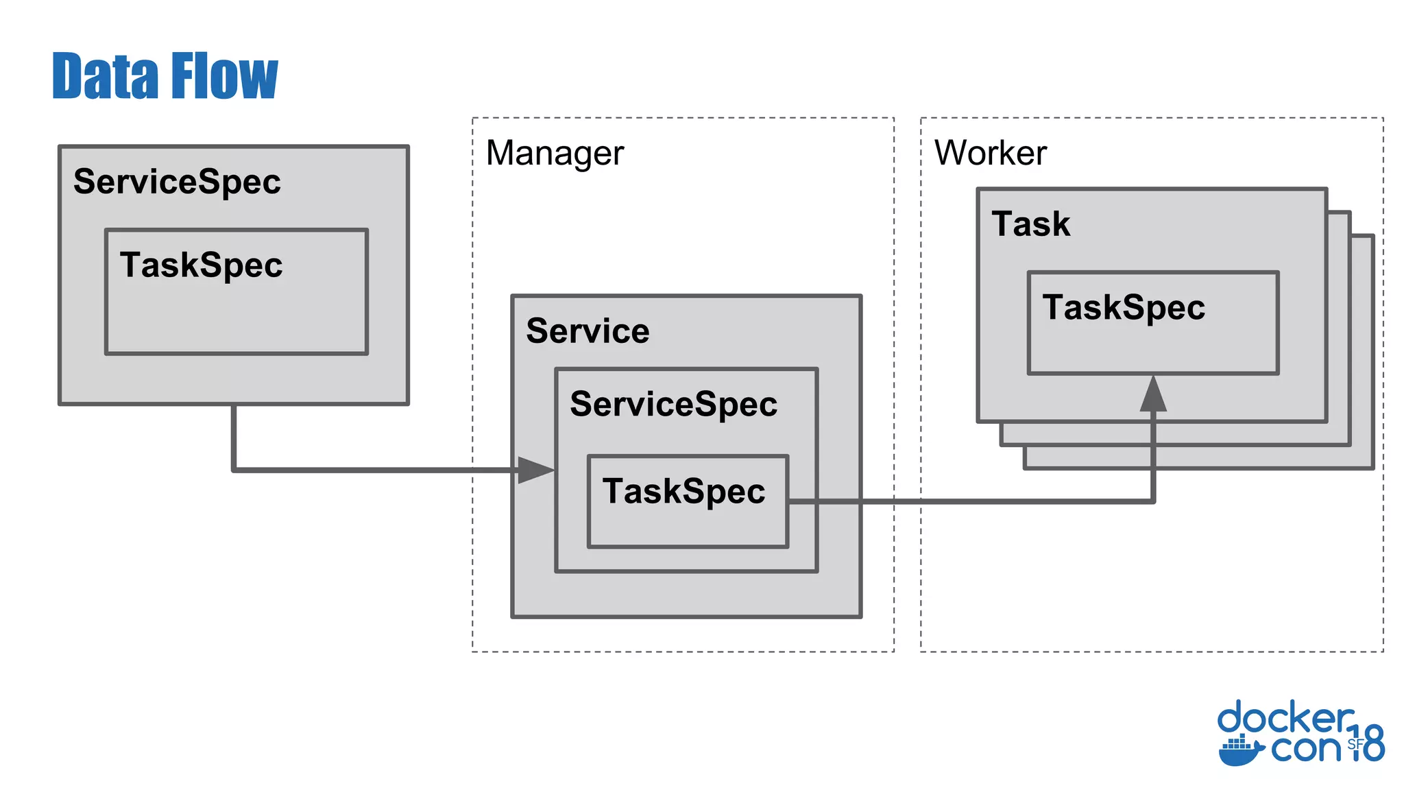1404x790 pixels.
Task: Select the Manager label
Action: [x=555, y=153]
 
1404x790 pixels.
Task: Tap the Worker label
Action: [x=990, y=152]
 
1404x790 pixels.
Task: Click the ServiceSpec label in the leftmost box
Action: [x=177, y=182]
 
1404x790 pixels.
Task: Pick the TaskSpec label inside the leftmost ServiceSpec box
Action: [x=201, y=265]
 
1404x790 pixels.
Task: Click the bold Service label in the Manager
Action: [x=588, y=331]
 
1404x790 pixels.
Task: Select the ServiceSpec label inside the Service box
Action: [x=673, y=404]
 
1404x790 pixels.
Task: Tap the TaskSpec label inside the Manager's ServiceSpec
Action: [x=683, y=491]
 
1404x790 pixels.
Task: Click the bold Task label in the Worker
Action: [x=1030, y=224]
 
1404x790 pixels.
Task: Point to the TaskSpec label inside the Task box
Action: [x=1124, y=307]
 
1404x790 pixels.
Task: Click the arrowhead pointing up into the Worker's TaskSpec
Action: [x=1153, y=394]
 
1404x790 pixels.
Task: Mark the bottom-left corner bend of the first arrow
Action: [x=234, y=470]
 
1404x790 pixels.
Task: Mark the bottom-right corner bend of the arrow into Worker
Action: [x=1153, y=501]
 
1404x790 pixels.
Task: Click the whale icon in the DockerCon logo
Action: [x=1239, y=750]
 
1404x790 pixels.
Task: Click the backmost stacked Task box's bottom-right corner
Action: [x=1372, y=468]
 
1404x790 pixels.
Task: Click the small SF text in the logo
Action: [x=1355, y=744]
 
